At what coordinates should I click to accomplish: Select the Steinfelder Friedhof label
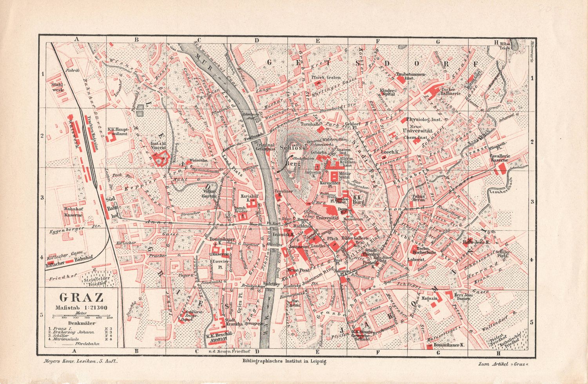pos(94,280)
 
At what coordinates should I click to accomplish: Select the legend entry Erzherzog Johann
pos(73,332)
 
